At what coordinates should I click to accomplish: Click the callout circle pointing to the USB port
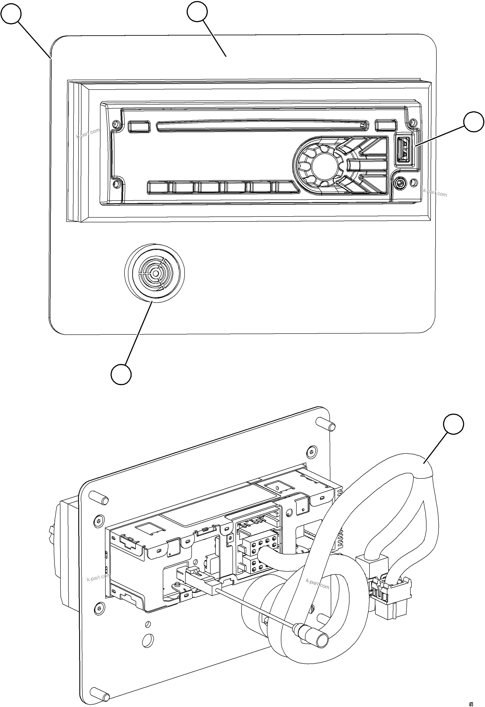pyautogui.click(x=473, y=122)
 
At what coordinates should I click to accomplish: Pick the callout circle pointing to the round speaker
pyautogui.click(x=121, y=374)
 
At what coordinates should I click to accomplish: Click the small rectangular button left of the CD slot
pyautogui.click(x=139, y=127)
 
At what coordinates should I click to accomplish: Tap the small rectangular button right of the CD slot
pyautogui.click(x=386, y=126)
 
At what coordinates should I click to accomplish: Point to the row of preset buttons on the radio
pyautogui.click(x=219, y=187)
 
